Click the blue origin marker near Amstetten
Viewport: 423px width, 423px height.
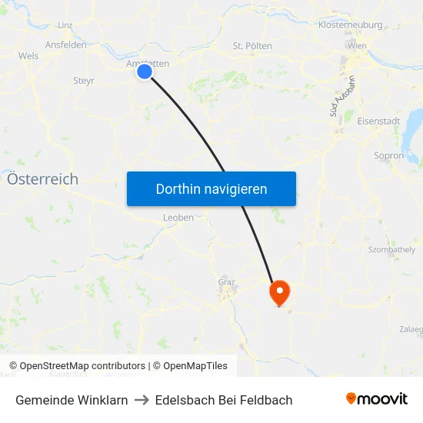[x=145, y=72]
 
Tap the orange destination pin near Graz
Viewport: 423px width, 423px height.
[x=278, y=291]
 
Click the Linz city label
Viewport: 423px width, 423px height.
[x=65, y=25]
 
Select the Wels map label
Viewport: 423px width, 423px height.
[x=29, y=56]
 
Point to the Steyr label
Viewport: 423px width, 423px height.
[x=83, y=80]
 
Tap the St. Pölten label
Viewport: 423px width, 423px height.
[x=252, y=46]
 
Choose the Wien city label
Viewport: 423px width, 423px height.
[x=357, y=46]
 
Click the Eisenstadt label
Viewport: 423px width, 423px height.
[x=378, y=121]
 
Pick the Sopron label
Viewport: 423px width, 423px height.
[x=388, y=155]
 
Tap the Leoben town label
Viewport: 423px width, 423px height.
[x=178, y=218]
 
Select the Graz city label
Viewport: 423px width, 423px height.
[x=226, y=281]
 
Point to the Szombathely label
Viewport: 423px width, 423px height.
[x=391, y=250]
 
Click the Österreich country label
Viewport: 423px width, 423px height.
[x=42, y=179]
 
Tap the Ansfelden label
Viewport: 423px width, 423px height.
[x=65, y=45]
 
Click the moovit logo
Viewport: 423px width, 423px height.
[x=377, y=399]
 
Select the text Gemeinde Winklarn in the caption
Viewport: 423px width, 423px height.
[x=72, y=400]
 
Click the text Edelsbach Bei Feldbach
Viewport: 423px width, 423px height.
[x=224, y=400]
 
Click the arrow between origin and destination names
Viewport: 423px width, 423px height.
[x=142, y=400]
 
